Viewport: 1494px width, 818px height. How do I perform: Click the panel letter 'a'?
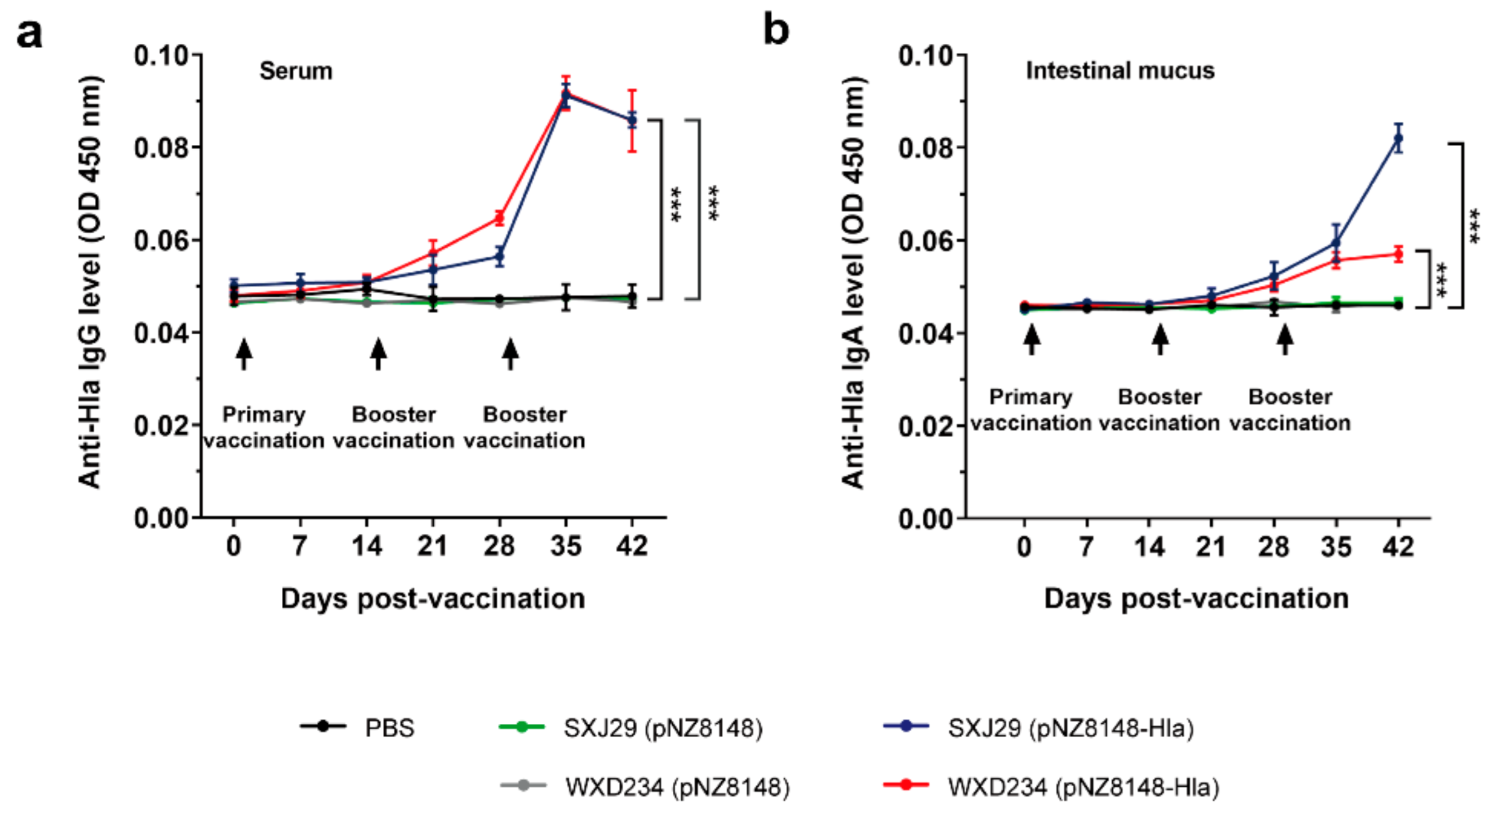tap(29, 34)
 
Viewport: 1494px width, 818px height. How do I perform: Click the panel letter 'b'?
tap(776, 30)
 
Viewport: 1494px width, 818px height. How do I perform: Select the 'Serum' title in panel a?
tap(296, 71)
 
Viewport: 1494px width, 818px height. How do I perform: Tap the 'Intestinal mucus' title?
tap(1119, 71)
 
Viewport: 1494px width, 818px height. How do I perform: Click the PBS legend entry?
tap(389, 728)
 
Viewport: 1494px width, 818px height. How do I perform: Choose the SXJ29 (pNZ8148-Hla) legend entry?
tap(1070, 728)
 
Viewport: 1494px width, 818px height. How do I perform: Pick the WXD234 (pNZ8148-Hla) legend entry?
tap(1083, 787)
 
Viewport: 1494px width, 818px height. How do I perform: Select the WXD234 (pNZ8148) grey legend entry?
tap(677, 787)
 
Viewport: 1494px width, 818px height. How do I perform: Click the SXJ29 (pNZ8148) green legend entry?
tap(662, 728)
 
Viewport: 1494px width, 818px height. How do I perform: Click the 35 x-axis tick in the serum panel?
tap(565, 546)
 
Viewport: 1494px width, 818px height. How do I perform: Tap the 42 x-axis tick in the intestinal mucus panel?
tap(1398, 546)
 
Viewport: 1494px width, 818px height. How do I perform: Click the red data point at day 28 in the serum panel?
tap(499, 218)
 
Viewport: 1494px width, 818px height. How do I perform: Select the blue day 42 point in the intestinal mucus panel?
tap(1398, 138)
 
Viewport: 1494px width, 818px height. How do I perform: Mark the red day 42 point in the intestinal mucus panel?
tap(1398, 254)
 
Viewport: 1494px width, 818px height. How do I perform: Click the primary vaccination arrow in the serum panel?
tap(244, 353)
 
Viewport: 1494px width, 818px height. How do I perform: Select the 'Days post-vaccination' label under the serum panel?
tap(433, 599)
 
